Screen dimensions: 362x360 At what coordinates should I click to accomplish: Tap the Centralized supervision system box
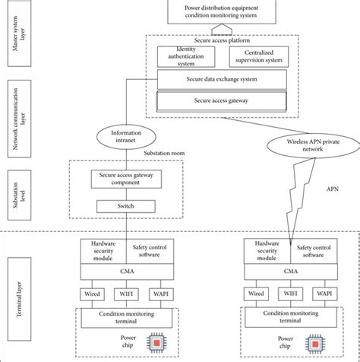click(257, 56)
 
